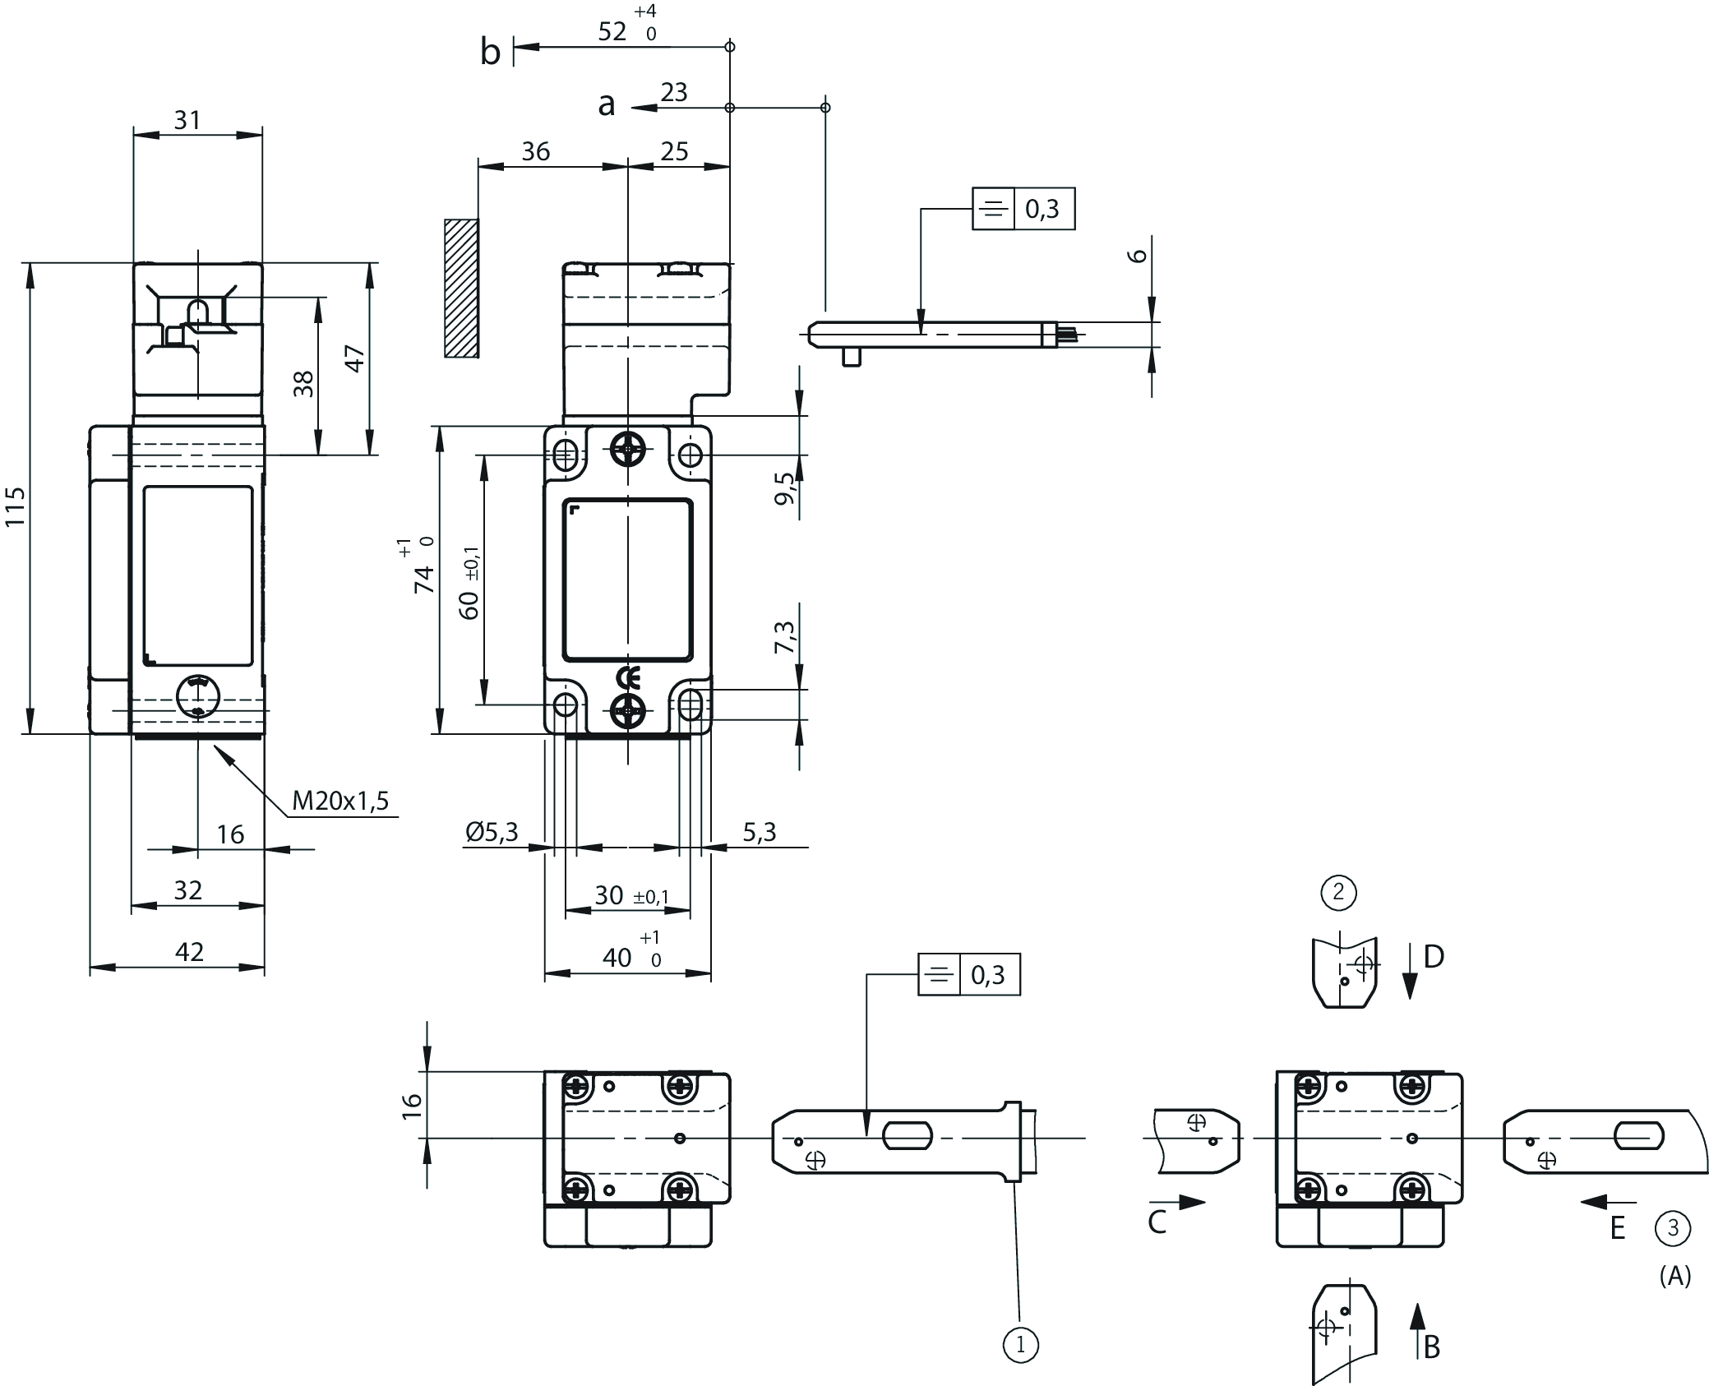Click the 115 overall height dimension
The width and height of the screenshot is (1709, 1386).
point(16,506)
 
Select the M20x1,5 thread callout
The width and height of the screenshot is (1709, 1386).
point(339,800)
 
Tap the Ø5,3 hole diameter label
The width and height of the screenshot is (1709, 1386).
point(492,833)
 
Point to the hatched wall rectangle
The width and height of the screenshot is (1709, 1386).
point(461,288)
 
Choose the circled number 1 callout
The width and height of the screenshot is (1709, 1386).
point(1021,1346)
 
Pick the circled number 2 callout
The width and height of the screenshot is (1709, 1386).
point(1338,892)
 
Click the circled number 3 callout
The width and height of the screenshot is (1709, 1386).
point(1673,1229)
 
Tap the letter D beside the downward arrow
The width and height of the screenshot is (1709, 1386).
point(1434,957)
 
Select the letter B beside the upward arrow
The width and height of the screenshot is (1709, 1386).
point(1431,1347)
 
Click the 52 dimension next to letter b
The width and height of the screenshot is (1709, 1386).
point(612,31)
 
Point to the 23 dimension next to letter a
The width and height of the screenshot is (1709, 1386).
point(673,92)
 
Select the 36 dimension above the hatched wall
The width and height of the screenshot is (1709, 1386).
point(535,151)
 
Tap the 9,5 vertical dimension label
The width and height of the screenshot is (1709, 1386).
point(785,487)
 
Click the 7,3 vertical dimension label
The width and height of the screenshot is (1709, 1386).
point(785,636)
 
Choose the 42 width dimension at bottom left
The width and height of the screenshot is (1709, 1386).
point(189,951)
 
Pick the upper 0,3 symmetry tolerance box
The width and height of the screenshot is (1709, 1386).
point(1023,210)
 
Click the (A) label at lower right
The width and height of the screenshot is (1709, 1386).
point(1674,1276)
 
